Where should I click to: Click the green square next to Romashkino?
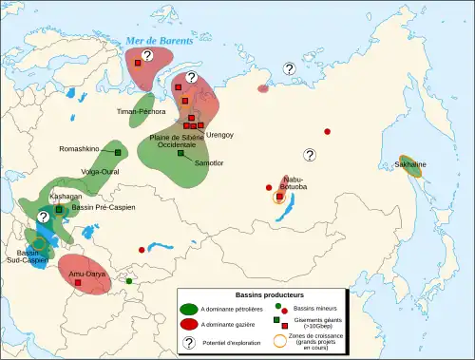[118, 152]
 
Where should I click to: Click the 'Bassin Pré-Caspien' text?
[97, 207]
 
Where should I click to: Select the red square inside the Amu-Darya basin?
[79, 282]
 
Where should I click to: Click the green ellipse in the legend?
[188, 311]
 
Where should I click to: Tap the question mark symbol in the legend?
[189, 343]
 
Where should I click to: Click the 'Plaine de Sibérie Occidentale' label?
[173, 142]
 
